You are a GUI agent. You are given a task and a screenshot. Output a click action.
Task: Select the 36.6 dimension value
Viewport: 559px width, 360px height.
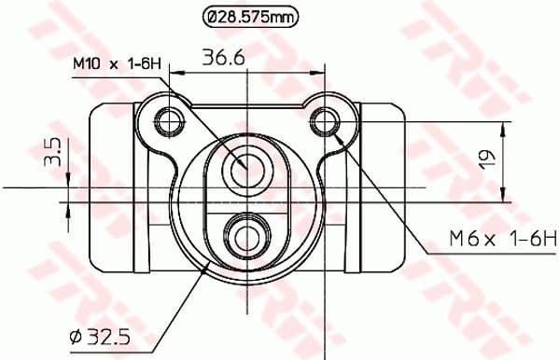tap(224, 58)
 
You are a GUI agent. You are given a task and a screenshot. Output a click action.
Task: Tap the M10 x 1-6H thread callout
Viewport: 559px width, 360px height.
tap(118, 63)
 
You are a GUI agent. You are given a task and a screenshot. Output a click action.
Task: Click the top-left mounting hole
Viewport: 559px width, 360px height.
tap(169, 120)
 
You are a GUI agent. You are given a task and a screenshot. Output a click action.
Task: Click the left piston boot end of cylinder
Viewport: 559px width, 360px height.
tap(109, 191)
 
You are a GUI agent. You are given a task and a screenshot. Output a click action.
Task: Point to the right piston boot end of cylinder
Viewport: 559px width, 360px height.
tap(384, 191)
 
